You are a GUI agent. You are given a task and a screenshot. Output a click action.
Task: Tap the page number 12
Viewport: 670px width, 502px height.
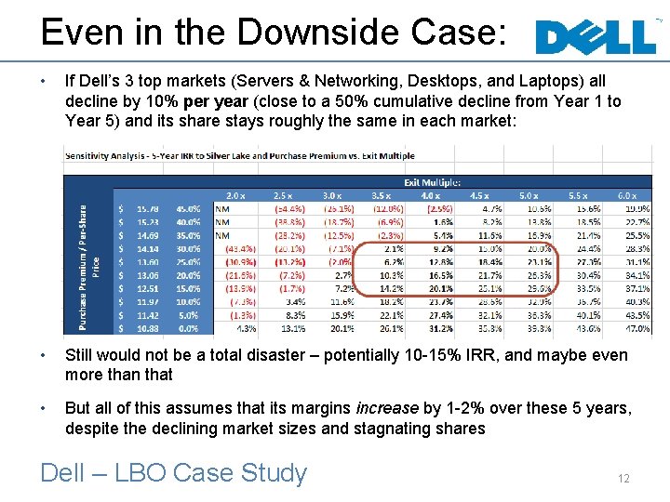tap(623, 478)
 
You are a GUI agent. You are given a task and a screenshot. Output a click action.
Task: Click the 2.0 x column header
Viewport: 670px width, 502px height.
tap(235, 196)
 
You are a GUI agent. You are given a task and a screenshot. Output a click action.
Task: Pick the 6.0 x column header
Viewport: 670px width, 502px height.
tap(626, 196)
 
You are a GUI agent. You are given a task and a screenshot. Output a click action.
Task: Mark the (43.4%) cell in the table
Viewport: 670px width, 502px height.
tap(241, 249)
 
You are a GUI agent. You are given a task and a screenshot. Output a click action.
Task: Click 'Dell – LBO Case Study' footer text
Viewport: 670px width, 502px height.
tap(173, 473)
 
